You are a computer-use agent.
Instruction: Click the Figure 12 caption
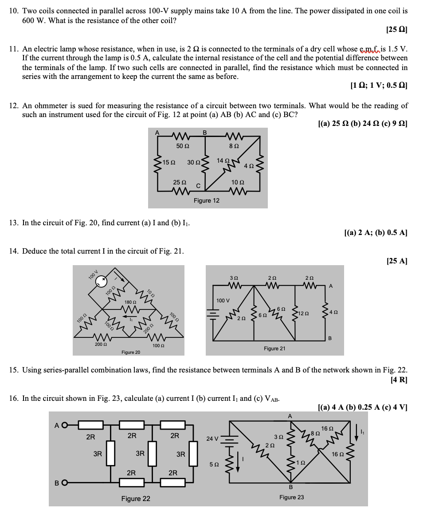click(x=206, y=200)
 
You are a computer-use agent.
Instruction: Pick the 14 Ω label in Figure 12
click(x=223, y=160)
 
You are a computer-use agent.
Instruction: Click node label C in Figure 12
click(x=198, y=185)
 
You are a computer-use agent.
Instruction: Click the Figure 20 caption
click(x=131, y=352)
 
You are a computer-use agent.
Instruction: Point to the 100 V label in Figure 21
click(x=223, y=301)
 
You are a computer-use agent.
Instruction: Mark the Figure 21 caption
click(x=274, y=349)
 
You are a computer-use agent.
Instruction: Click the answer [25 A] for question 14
click(x=397, y=261)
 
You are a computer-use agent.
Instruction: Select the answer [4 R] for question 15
click(x=399, y=380)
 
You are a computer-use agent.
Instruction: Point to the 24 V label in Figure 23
click(x=212, y=439)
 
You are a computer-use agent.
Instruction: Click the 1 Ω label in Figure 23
click(x=301, y=462)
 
